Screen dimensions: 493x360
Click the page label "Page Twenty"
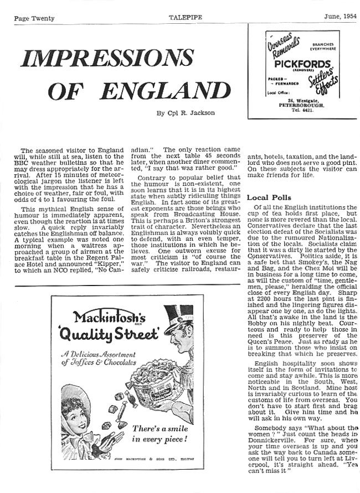tap(34, 18)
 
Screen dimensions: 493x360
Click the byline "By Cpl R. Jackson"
tap(186, 113)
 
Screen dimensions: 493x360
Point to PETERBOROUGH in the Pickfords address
tap(302, 104)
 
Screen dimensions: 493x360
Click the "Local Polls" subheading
tap(269, 198)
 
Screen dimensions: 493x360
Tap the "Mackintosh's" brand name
tap(109, 318)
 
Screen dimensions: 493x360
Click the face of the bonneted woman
tap(77, 411)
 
